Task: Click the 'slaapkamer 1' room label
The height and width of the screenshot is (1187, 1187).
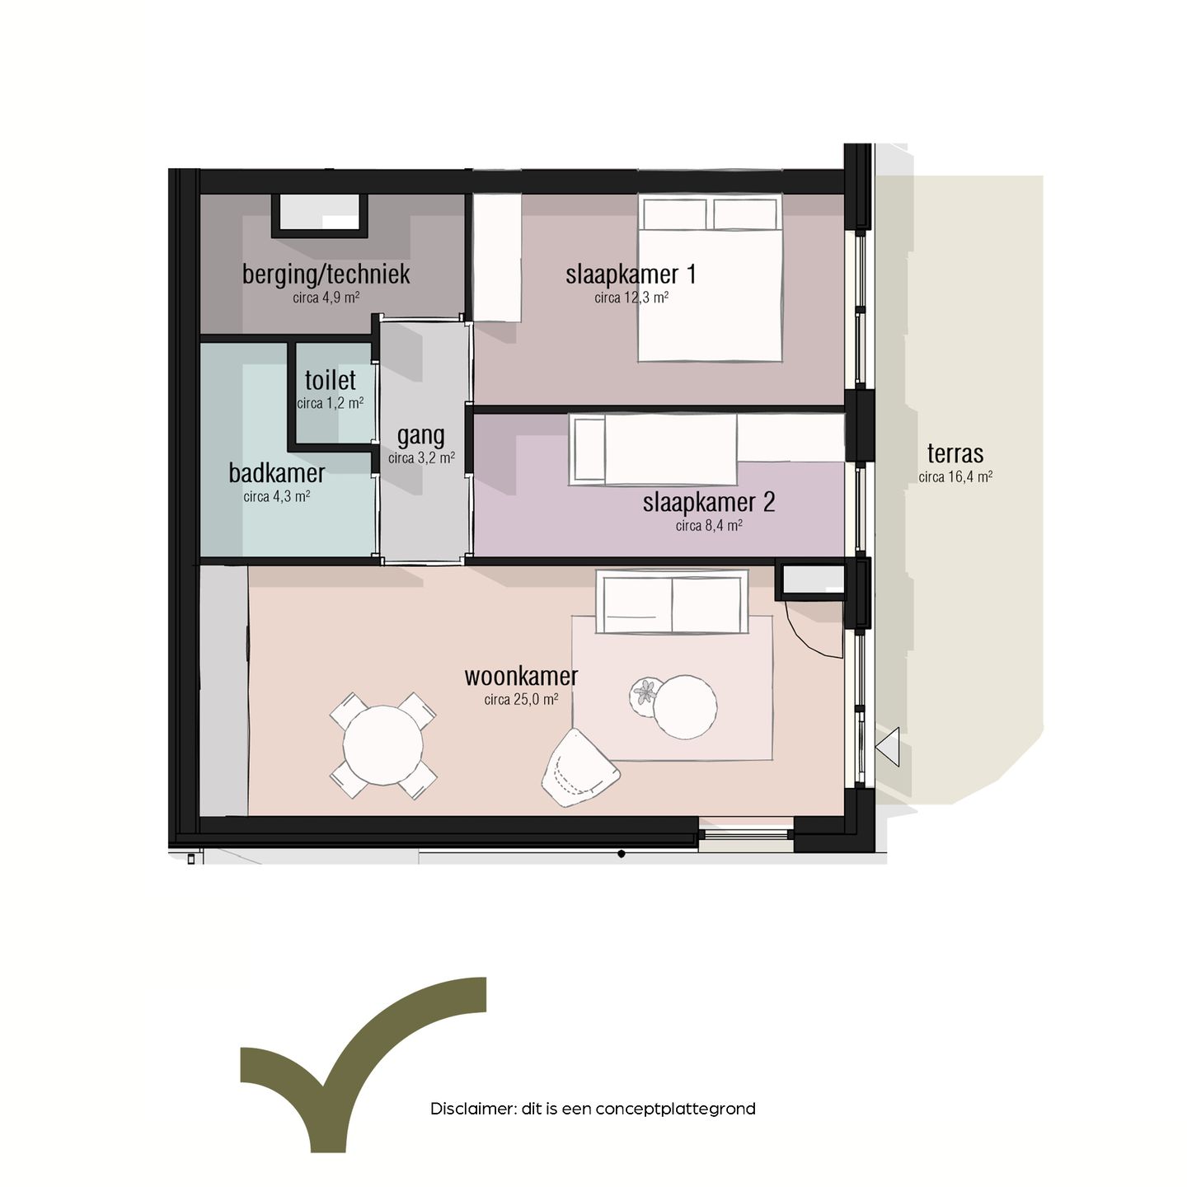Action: pos(631,274)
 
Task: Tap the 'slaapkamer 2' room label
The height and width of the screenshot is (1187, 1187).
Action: pos(709,502)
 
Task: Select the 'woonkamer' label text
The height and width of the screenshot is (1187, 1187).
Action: pos(521,677)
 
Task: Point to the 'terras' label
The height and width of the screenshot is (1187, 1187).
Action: pos(955,453)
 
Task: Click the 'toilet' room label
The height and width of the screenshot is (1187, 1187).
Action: pos(331,381)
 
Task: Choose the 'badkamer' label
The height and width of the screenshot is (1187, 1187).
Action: pos(277,473)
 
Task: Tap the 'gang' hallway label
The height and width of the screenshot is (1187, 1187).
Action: pos(420,435)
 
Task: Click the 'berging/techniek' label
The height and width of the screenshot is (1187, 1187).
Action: pos(326,274)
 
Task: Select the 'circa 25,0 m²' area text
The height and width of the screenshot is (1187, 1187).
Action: pos(521,700)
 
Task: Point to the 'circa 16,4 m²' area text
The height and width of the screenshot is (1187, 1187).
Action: pos(955,477)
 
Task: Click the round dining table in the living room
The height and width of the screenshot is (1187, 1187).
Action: pos(382,745)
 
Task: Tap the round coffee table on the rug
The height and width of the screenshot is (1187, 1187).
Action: pos(685,706)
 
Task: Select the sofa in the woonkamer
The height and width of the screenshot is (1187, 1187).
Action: pos(672,603)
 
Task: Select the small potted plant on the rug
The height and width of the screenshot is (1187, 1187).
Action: pos(645,692)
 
